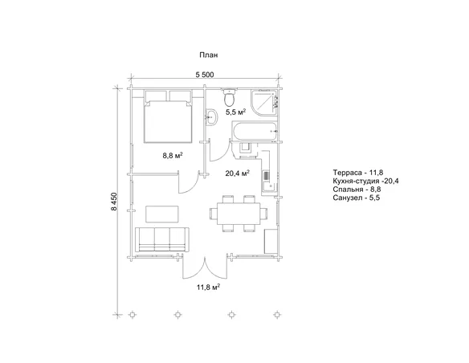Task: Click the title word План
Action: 209,55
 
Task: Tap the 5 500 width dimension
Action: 205,75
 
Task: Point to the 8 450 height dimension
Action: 114,202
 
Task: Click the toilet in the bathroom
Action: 230,96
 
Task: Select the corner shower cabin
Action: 263,102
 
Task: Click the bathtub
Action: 255,131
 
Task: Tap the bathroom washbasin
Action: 212,117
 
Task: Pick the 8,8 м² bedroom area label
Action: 173,156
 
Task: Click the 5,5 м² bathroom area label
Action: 235,112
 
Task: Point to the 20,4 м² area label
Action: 238,173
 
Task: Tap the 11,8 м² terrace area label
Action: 208,288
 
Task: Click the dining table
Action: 239,214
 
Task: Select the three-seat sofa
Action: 161,239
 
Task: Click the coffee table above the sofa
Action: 162,214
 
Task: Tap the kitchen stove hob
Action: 266,177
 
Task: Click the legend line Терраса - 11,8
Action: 358,172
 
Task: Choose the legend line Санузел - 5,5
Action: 357,198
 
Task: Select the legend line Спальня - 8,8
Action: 357,190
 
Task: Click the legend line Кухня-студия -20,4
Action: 366,181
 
